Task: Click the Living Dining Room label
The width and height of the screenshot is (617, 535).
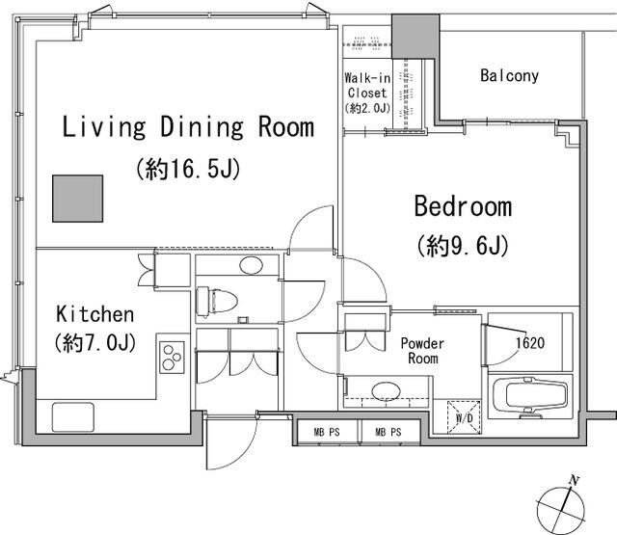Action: pos(188,126)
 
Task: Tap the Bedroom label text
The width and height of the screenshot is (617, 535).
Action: pos(463,206)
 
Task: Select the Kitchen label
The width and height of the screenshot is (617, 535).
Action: pos(94,314)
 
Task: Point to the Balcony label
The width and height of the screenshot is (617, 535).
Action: pos(510,75)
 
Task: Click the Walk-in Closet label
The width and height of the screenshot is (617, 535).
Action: pos(367,86)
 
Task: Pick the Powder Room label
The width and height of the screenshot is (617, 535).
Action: pos(422,351)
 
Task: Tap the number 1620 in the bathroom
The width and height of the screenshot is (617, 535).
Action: pos(530,343)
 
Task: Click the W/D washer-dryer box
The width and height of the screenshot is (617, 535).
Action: pos(465,417)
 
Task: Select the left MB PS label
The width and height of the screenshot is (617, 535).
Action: pos(327,432)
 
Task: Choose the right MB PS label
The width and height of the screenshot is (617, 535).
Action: pos(389,432)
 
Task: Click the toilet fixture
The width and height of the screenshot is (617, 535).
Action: pos(217,302)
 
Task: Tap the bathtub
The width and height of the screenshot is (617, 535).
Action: pos(530,396)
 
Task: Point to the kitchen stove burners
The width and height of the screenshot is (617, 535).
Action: pos(173,358)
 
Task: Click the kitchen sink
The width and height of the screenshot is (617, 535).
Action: pos(73,417)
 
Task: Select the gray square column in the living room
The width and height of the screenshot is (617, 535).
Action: pos(78,199)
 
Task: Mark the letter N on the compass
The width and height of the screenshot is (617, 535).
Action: pos(575,480)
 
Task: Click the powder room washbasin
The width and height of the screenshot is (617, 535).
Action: pos(387,391)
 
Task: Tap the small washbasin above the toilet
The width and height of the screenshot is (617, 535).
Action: pos(251,265)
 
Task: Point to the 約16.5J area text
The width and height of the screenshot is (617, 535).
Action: pos(188,169)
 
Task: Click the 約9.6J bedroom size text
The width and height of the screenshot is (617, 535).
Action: pos(463,246)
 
